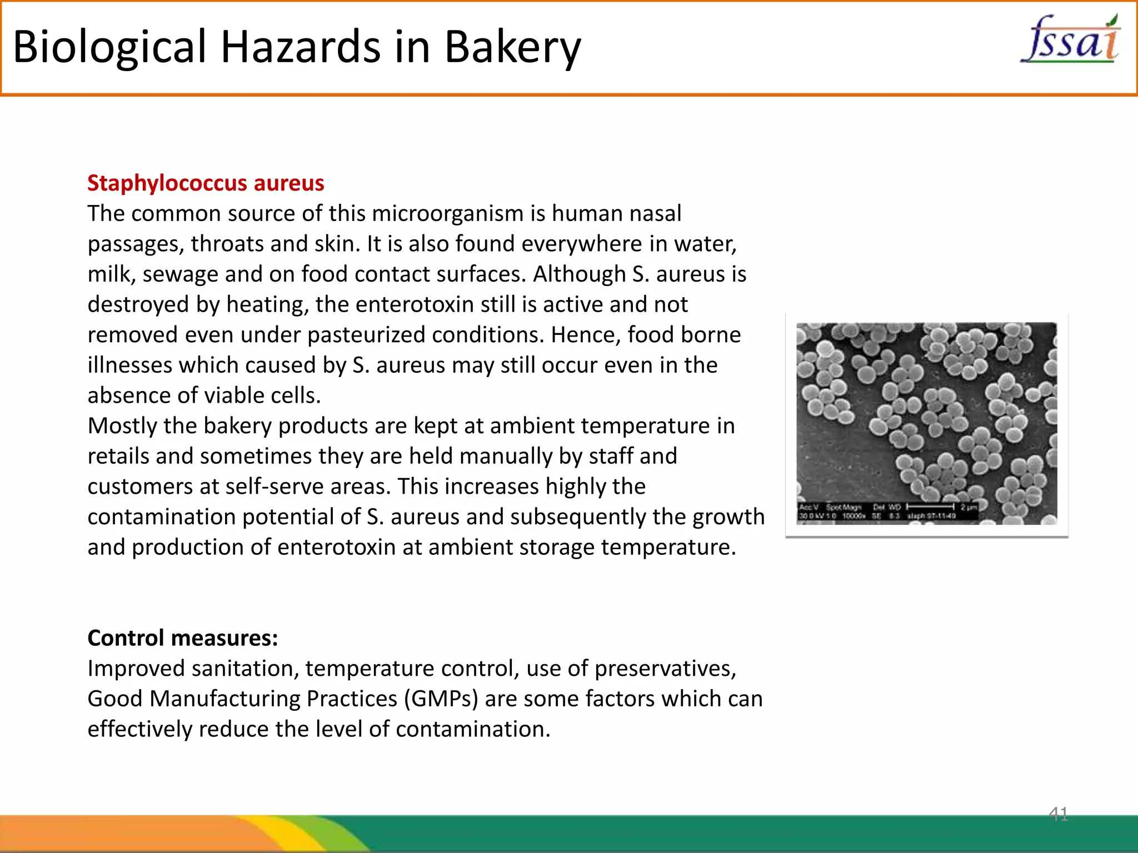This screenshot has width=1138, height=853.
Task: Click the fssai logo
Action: [x=1070, y=40]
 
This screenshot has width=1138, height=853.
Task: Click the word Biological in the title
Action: [x=110, y=47]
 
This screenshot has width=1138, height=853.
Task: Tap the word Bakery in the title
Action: [x=512, y=47]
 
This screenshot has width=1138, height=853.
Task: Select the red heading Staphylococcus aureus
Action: [x=206, y=183]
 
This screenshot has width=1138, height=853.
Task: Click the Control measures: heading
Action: [x=182, y=638]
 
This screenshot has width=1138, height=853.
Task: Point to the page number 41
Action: [x=1058, y=814]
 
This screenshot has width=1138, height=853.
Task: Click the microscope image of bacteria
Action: [x=926, y=423]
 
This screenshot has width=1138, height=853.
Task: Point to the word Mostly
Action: [x=122, y=426]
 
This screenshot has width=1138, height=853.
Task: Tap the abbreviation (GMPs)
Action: [x=441, y=699]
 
